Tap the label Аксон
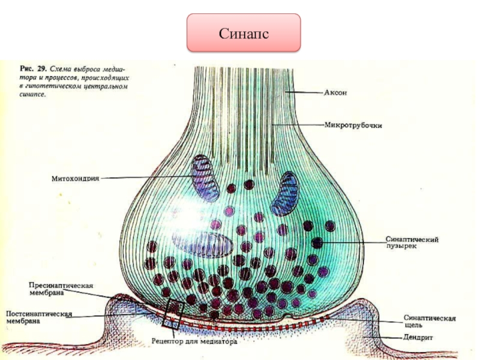[336, 93]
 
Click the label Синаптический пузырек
[412, 243]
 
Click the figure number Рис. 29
[30, 68]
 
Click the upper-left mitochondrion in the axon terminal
[206, 178]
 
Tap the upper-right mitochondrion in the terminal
[285, 193]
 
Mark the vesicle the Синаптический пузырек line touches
[317, 242]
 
